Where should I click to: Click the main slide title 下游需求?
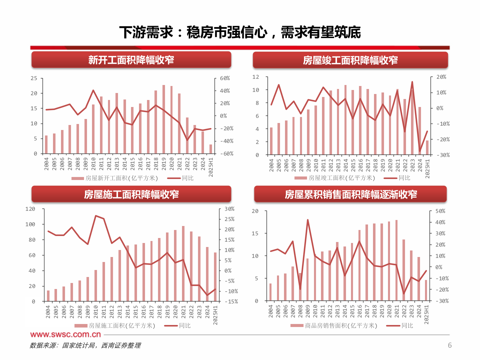[x=240, y=32]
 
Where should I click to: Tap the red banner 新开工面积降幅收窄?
[x=131, y=60]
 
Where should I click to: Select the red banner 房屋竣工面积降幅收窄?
[x=350, y=60]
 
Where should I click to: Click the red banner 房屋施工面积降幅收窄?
[x=131, y=194]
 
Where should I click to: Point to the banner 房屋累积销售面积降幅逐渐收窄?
[x=350, y=194]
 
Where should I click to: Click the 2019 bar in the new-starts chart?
[x=164, y=120]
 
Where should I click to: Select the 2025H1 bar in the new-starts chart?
[x=211, y=149]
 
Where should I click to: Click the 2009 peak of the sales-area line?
[x=308, y=220]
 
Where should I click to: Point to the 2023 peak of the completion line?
[x=412, y=82]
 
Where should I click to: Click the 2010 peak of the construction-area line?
[x=96, y=216]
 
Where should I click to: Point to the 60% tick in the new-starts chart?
[x=225, y=78]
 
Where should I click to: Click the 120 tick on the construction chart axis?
[x=30, y=209]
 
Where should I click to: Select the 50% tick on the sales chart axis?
[x=440, y=211]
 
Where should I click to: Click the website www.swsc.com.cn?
[x=65, y=334]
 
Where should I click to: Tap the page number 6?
[x=450, y=345]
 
